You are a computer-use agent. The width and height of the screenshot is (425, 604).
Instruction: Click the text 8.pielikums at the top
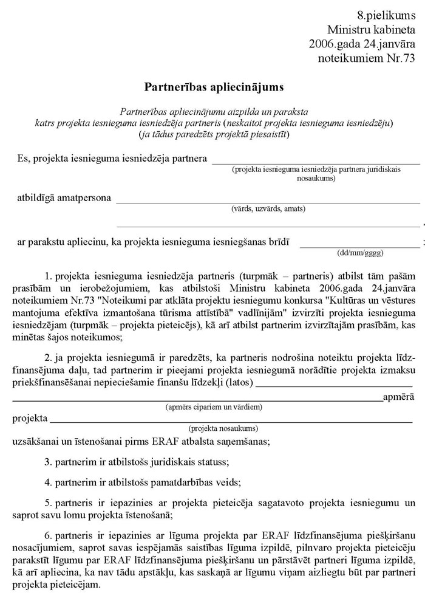coord(386,14)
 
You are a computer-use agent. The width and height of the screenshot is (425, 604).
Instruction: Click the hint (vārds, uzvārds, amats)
coord(268,208)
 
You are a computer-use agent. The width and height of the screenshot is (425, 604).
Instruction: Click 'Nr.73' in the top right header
coord(400,59)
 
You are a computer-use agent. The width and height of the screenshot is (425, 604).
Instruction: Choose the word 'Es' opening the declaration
coord(23,159)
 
